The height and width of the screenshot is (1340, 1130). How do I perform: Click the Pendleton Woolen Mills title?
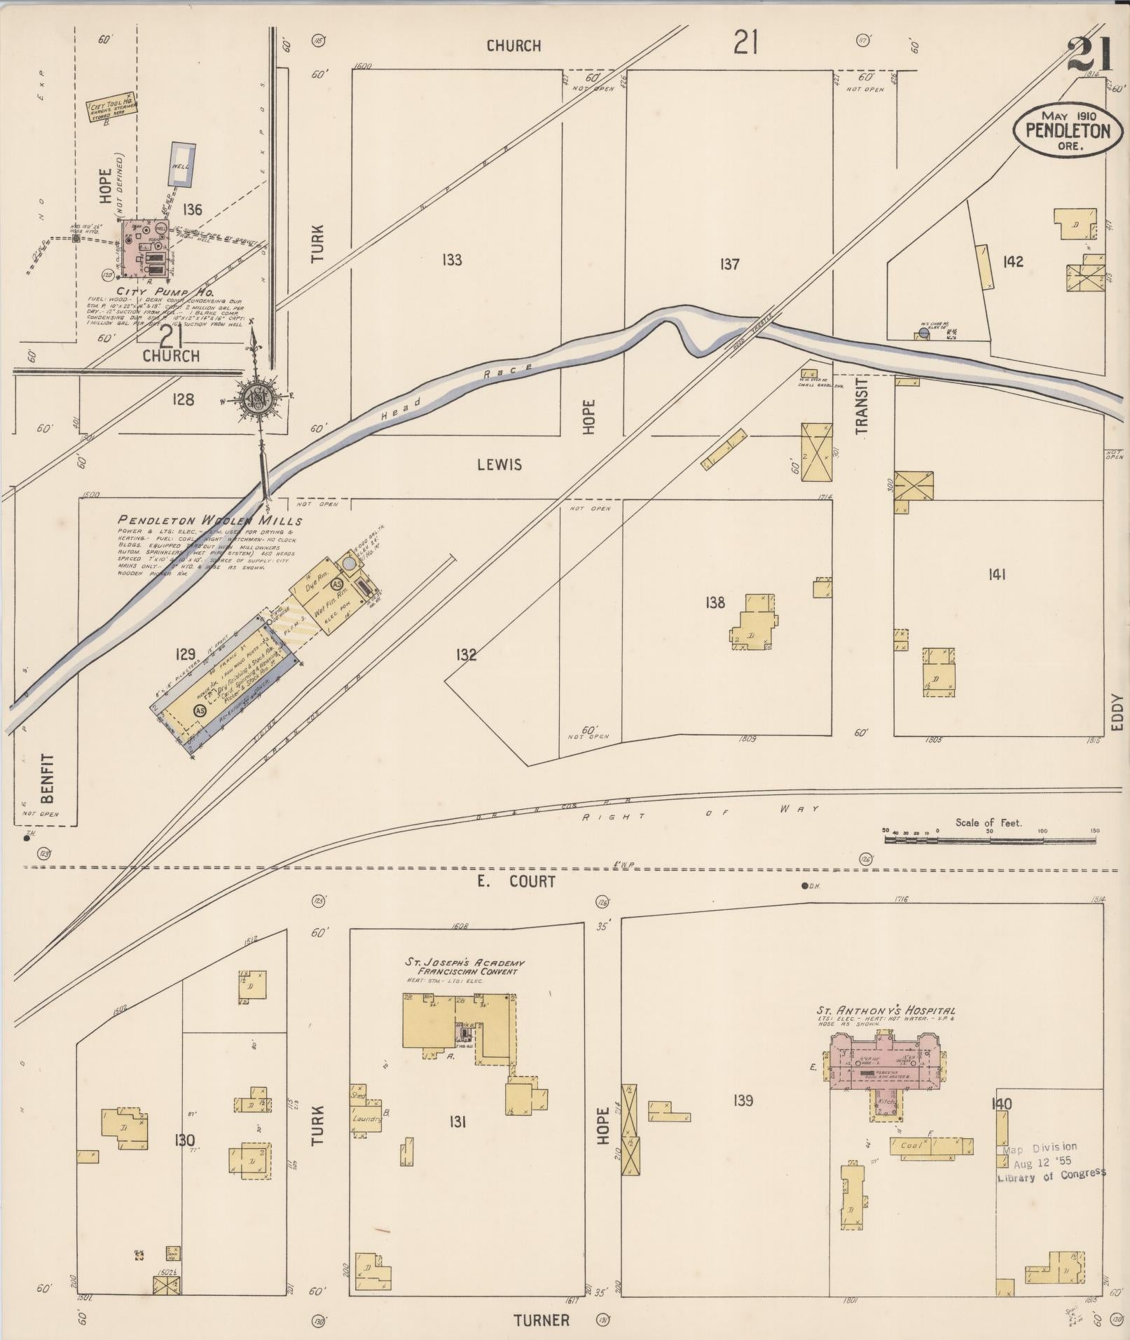click(210, 520)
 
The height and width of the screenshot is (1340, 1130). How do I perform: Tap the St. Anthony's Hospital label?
click(886, 1011)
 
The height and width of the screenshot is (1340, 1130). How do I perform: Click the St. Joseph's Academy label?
click(464, 967)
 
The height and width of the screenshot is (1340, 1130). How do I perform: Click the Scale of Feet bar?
click(990, 838)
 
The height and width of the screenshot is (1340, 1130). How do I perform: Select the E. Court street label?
click(516, 881)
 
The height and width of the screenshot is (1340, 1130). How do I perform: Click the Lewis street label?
click(499, 464)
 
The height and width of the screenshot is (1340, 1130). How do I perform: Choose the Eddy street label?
click(1117, 712)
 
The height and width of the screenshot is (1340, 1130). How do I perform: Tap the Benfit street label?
click(48, 778)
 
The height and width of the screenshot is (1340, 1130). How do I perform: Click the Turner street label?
click(541, 1320)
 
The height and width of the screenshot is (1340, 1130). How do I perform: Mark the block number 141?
click(996, 574)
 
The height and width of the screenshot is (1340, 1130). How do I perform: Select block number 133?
click(452, 260)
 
